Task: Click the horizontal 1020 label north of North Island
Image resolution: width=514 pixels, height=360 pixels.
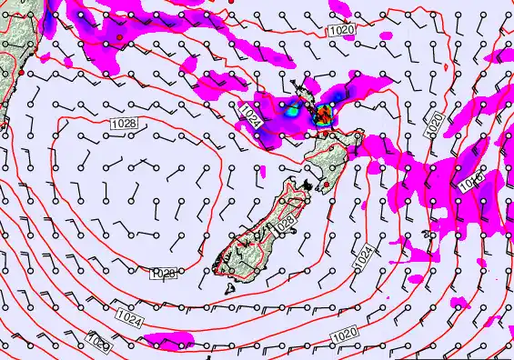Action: [x=342, y=30]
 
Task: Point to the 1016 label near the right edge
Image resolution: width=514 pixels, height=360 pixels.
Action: [x=470, y=185]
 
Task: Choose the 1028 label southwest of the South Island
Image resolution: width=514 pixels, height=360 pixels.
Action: [x=164, y=273]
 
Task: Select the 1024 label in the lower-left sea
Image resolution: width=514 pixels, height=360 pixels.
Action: [x=128, y=317]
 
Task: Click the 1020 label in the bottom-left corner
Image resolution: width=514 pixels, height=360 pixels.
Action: [x=99, y=344]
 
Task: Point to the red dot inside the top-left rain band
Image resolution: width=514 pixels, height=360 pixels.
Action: [x=118, y=37]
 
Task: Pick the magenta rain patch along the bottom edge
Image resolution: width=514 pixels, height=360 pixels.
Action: [x=169, y=341]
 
